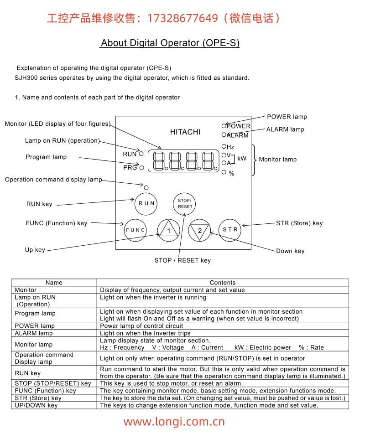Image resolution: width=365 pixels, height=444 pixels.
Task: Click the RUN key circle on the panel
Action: click(x=146, y=204)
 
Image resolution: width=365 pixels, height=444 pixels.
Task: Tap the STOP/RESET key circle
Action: click(x=184, y=204)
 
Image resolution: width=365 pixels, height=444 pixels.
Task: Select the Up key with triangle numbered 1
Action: click(x=169, y=230)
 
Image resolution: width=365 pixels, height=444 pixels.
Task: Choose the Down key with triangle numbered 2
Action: click(x=199, y=230)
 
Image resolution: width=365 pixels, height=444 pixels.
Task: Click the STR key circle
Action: click(x=230, y=230)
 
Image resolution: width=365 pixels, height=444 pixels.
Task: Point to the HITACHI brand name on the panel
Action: click(x=185, y=132)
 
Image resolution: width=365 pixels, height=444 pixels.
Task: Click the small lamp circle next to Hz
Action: click(x=224, y=146)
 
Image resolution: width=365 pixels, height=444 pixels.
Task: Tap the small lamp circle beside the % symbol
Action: click(x=224, y=172)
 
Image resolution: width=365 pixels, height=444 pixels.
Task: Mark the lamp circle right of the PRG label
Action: click(x=142, y=168)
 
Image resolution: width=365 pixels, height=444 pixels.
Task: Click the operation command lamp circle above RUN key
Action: click(x=146, y=188)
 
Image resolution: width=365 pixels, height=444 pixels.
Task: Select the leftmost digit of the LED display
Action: click(x=159, y=161)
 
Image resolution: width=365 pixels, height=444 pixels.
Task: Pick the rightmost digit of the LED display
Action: click(x=208, y=161)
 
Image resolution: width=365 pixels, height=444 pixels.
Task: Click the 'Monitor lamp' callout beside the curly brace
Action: click(x=278, y=160)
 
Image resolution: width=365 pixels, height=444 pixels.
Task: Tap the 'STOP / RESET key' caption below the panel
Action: click(x=182, y=260)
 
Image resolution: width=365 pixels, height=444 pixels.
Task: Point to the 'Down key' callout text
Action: click(x=290, y=251)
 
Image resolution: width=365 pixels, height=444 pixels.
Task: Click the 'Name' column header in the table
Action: click(x=54, y=283)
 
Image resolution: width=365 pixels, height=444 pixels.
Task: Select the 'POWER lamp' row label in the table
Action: click(x=35, y=326)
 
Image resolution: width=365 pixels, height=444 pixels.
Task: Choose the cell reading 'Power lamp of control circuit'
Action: click(x=141, y=326)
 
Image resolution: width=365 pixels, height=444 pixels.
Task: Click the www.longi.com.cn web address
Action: click(x=174, y=422)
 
